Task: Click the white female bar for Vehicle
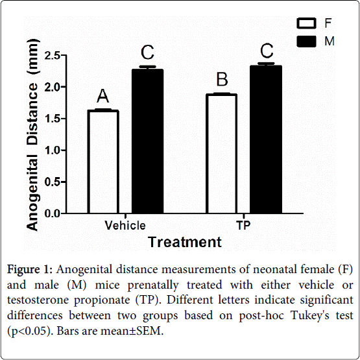click(103, 162)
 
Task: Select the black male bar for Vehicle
click(147, 141)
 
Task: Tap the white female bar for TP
click(221, 154)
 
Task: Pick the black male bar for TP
click(266, 139)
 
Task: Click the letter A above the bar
click(102, 96)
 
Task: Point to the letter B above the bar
click(222, 79)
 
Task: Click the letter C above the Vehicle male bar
click(147, 53)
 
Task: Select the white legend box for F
click(306, 23)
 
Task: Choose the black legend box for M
click(306, 42)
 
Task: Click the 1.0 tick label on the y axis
click(52, 150)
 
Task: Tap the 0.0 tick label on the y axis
click(52, 214)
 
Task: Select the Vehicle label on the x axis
click(125, 225)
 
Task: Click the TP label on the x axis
click(243, 225)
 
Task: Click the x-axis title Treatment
click(185, 242)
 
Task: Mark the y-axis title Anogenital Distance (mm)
click(32, 134)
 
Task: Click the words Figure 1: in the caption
click(30, 269)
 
